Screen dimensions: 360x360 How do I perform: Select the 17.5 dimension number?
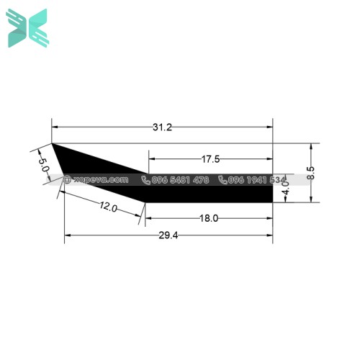(210, 158)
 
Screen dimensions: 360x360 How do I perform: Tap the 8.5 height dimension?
(310, 173)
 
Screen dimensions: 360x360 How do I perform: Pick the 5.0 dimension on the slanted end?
(44, 161)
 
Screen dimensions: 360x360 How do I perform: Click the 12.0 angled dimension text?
(108, 207)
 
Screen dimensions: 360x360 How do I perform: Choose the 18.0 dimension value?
(209, 217)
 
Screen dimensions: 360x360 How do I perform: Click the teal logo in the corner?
(27, 29)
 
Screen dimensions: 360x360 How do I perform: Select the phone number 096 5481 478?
(180, 180)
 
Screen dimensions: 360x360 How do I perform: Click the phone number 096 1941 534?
(257, 180)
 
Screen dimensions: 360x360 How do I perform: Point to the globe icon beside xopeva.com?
(68, 180)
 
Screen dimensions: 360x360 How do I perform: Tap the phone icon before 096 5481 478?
(145, 180)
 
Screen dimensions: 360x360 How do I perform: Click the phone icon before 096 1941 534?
(223, 180)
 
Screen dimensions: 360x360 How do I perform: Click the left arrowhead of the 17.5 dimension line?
(150, 158)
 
